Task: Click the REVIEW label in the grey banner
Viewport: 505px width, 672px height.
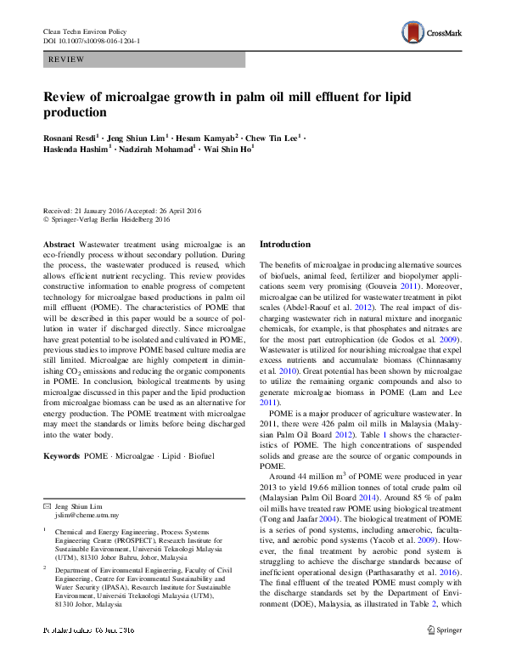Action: coord(66,59)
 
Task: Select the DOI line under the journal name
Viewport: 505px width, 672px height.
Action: coord(92,40)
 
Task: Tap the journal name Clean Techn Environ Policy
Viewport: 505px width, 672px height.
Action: coord(84,31)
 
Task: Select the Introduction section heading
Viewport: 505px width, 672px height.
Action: coord(284,245)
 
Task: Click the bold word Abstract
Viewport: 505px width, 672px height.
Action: coord(59,243)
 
